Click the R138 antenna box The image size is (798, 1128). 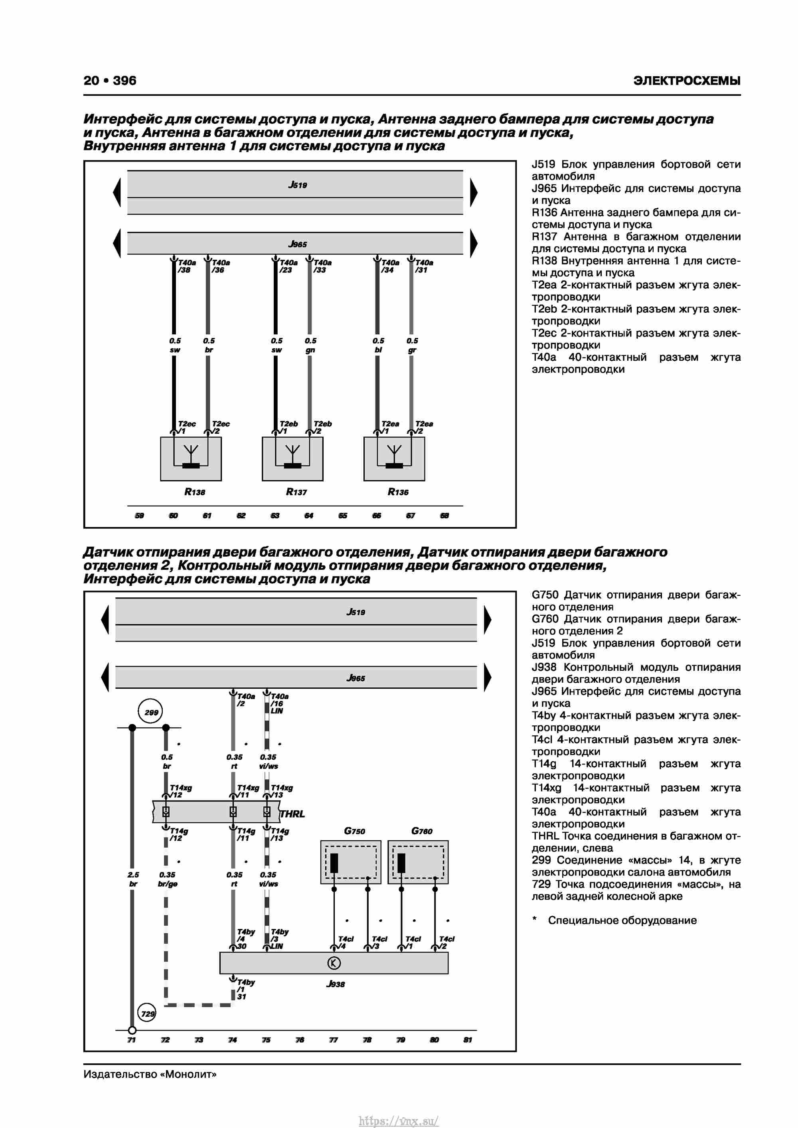click(x=191, y=458)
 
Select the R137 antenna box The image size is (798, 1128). click(x=292, y=458)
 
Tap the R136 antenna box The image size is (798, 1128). click(x=394, y=458)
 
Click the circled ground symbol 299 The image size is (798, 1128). click(x=151, y=712)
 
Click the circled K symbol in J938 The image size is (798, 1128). click(x=334, y=963)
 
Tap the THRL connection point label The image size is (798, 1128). click(x=292, y=814)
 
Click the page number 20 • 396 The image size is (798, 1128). click(x=110, y=81)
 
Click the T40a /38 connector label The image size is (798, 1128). click(x=186, y=266)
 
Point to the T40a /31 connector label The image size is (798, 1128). click(x=424, y=266)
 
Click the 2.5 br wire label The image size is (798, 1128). click(x=133, y=879)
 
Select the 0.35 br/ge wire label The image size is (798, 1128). click(x=168, y=879)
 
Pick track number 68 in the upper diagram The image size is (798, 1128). click(x=444, y=516)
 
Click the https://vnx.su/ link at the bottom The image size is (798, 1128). click(x=399, y=1121)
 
